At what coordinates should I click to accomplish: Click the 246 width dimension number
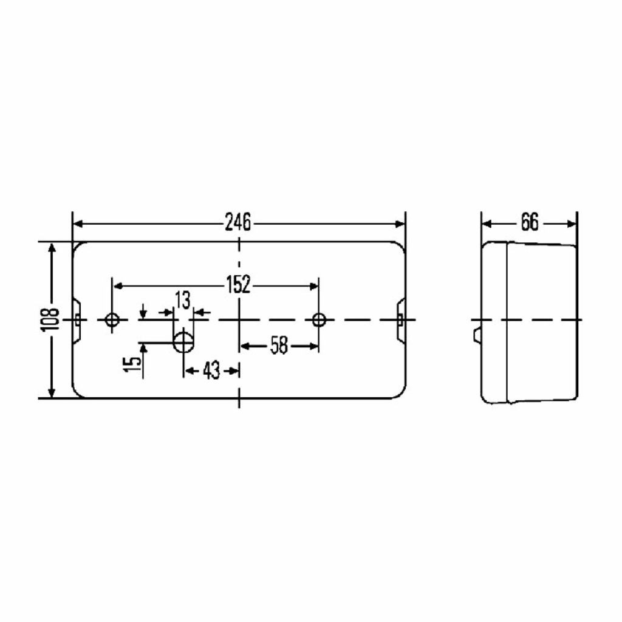tap(238, 222)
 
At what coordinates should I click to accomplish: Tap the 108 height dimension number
tap(50, 320)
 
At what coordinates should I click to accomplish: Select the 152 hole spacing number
tap(238, 284)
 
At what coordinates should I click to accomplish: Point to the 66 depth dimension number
tap(530, 222)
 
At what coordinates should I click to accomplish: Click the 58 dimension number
tap(279, 346)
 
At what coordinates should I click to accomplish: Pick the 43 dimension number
tap(211, 371)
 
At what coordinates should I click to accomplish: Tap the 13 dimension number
tap(183, 300)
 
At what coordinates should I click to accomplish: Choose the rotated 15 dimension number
tap(132, 364)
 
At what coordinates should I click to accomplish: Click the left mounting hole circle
tap(112, 320)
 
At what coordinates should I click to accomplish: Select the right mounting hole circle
tap(319, 320)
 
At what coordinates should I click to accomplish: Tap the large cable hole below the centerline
tap(183, 342)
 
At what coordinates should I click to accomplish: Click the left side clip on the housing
tap(77, 320)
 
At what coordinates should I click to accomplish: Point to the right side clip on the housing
tap(401, 320)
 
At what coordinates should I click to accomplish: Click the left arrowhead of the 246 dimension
tap(78, 224)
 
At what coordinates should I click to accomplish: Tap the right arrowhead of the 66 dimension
tap(571, 224)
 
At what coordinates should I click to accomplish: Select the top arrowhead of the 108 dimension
tap(52, 248)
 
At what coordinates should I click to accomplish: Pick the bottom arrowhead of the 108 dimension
tap(52, 392)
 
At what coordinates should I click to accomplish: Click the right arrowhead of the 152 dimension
tap(313, 286)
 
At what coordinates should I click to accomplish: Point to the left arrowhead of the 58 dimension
tap(245, 346)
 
